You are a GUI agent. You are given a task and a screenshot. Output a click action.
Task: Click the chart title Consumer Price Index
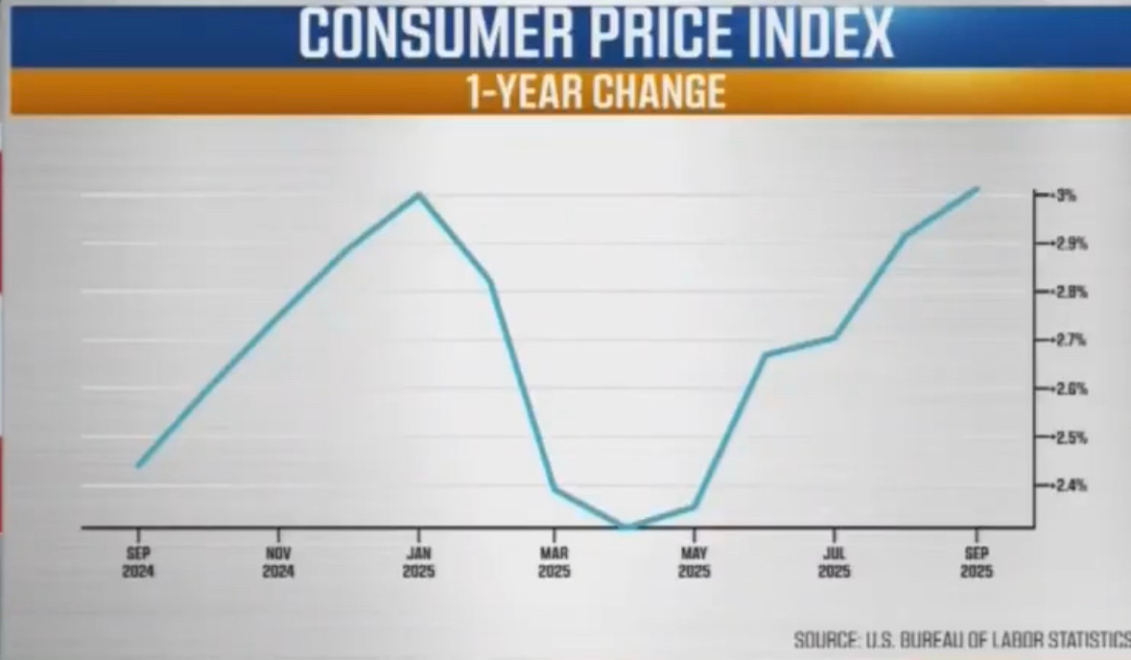pyautogui.click(x=595, y=34)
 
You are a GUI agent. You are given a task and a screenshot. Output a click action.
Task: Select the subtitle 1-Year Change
pyautogui.click(x=595, y=92)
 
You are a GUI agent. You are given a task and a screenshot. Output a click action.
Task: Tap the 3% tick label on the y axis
pyautogui.click(x=1066, y=196)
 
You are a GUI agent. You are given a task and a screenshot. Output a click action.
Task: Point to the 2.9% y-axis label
pyautogui.click(x=1071, y=244)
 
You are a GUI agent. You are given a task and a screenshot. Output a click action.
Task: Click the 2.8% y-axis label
pyautogui.click(x=1071, y=292)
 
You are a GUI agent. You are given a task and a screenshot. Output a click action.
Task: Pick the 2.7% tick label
pyautogui.click(x=1071, y=341)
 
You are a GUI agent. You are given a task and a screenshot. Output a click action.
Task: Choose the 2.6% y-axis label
pyautogui.click(x=1071, y=389)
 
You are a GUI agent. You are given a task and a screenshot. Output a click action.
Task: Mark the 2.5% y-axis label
pyautogui.click(x=1071, y=437)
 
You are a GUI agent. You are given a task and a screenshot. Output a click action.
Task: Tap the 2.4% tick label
pyautogui.click(x=1071, y=485)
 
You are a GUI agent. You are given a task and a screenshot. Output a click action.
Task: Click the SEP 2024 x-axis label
pyautogui.click(x=138, y=562)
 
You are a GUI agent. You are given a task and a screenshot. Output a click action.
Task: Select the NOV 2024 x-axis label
pyautogui.click(x=278, y=562)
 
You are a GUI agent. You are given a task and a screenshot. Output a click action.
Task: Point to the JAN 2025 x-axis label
pyautogui.click(x=418, y=562)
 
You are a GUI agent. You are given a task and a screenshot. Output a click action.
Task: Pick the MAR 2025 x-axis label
pyautogui.click(x=554, y=562)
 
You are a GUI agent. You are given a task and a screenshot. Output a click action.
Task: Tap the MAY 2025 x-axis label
pyautogui.click(x=695, y=562)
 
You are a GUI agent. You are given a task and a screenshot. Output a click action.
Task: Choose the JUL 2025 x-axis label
pyautogui.click(x=834, y=562)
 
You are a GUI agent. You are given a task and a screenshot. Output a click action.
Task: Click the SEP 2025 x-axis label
pyautogui.click(x=977, y=562)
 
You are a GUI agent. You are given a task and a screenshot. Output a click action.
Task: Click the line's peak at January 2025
pyautogui.click(x=418, y=195)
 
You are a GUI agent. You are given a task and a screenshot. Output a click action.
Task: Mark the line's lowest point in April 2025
pyautogui.click(x=625, y=526)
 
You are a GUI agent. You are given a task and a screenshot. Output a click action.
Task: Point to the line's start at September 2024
pyautogui.click(x=139, y=466)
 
